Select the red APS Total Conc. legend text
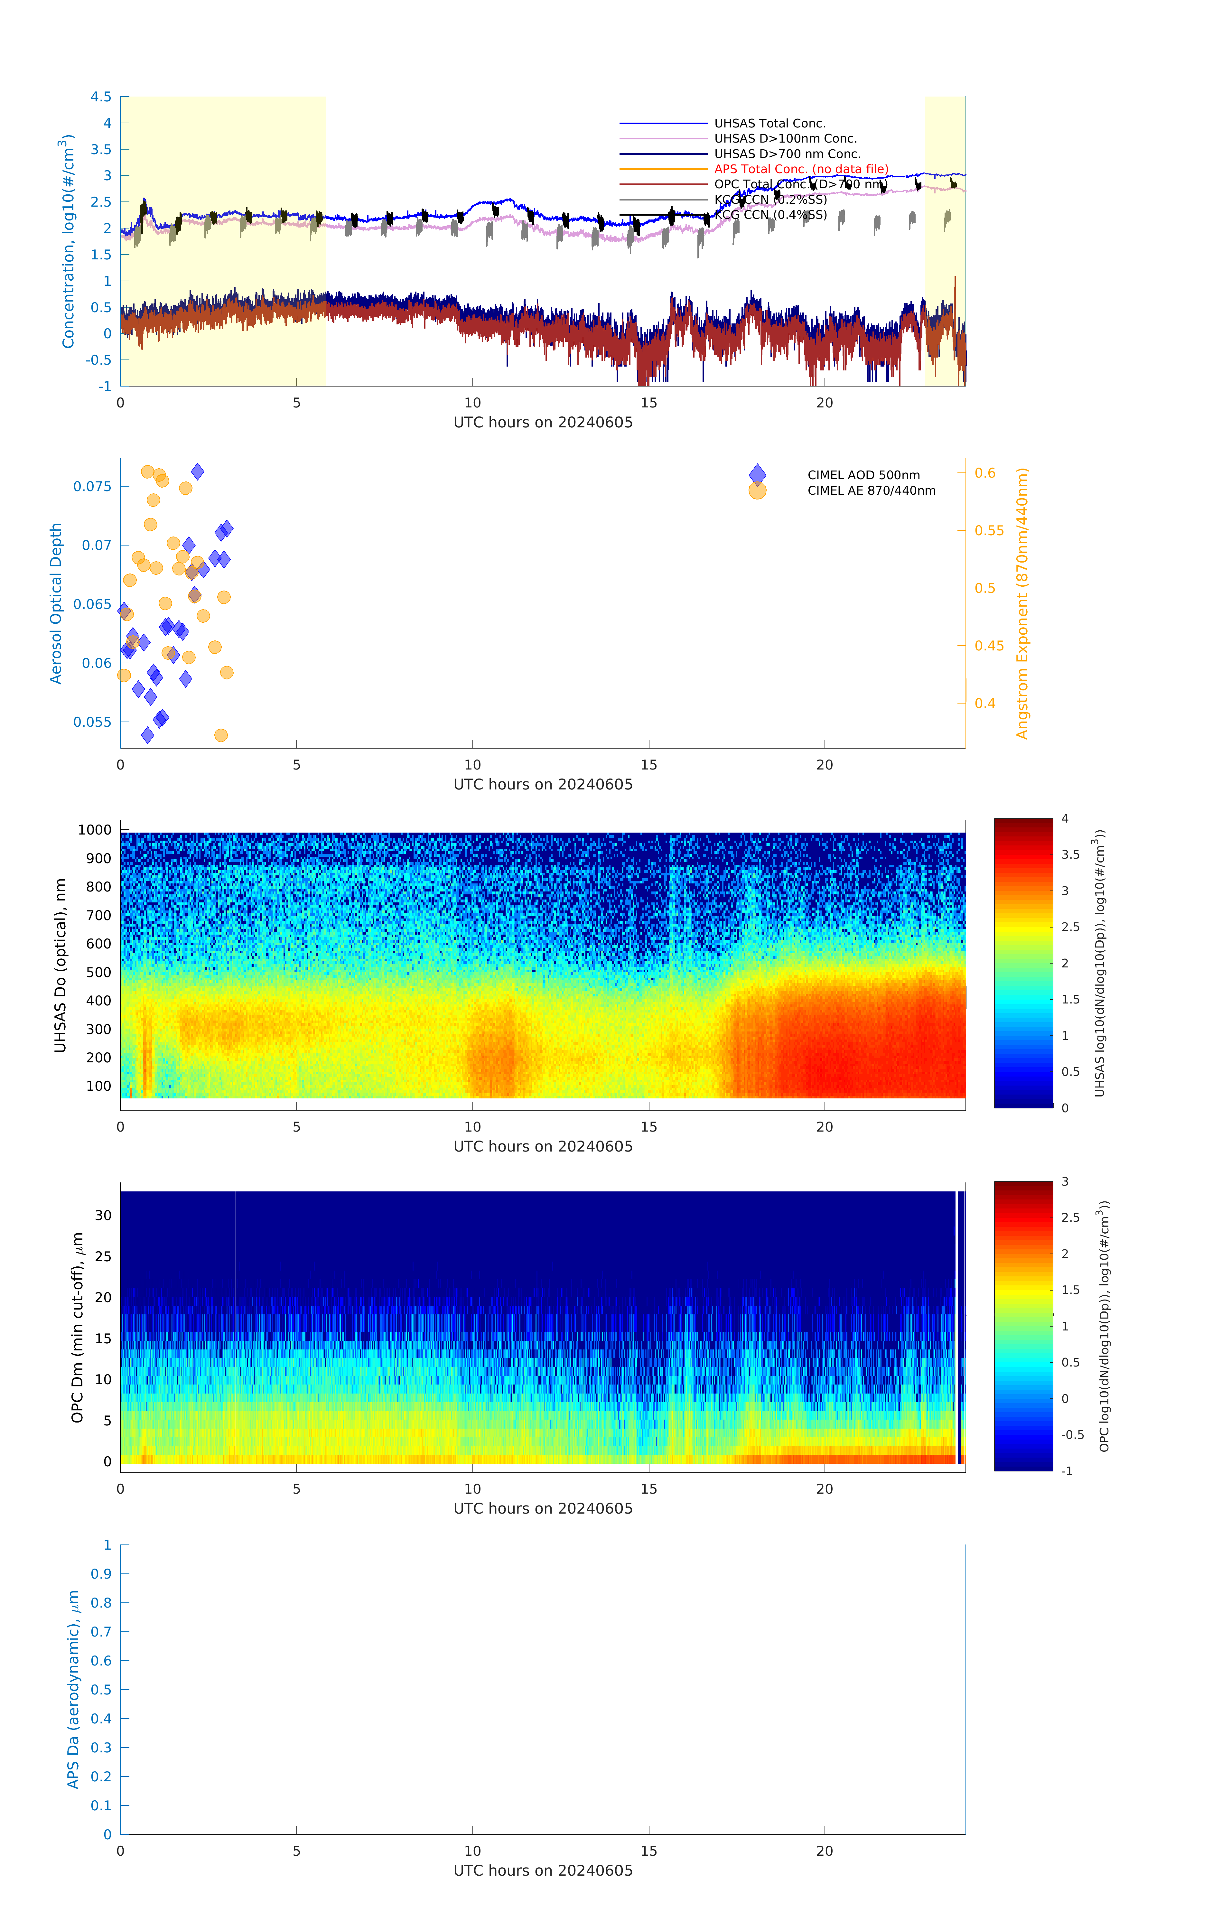800,169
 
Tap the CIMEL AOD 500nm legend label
863,476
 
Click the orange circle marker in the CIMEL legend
757,491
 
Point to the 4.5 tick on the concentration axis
101,97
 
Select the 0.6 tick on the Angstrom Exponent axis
985,473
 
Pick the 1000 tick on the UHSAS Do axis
95,830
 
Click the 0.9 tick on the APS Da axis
101,1574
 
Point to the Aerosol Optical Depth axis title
56,604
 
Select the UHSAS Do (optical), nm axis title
60,966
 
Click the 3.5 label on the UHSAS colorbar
1071,855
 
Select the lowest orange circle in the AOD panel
220,735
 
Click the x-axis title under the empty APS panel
543,1871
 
